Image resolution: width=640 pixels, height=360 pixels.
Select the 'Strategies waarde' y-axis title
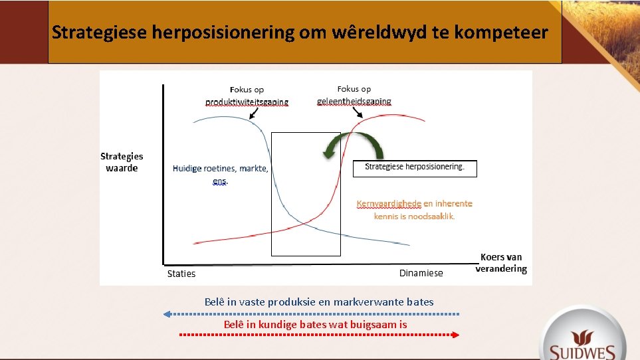tap(122, 162)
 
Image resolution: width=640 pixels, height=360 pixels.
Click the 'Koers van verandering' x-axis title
tap(501, 263)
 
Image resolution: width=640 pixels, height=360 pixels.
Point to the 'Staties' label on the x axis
tap(181, 274)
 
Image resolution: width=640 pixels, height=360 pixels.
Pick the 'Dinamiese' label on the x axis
tap(421, 273)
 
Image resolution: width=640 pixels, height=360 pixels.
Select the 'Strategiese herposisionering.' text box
tap(414, 167)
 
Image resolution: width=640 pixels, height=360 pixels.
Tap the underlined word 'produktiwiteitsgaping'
tap(247, 102)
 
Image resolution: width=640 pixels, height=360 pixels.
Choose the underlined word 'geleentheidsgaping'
tap(354, 102)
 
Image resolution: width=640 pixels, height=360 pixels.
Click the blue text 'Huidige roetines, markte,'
tap(220, 169)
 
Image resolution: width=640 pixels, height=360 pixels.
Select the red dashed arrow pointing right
tap(320, 335)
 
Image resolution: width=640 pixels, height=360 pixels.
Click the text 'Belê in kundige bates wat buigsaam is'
tap(315, 325)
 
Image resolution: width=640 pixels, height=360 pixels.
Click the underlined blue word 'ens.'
tap(220, 181)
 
